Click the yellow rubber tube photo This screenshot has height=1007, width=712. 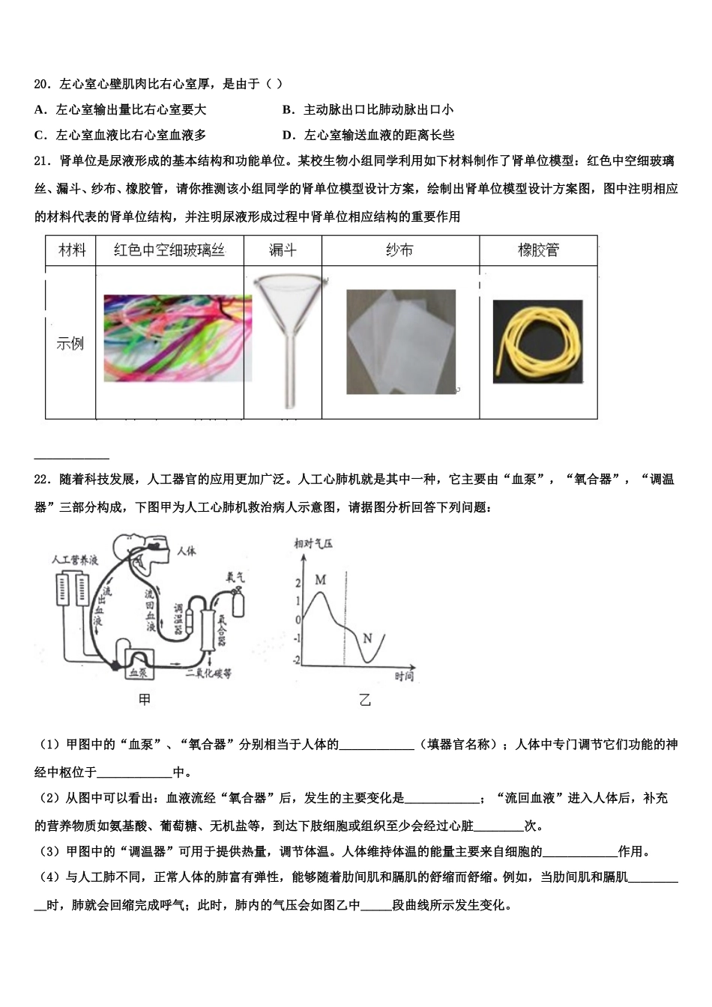point(537,341)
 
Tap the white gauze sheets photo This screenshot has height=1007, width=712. point(401,342)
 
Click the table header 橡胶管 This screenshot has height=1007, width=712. point(538,250)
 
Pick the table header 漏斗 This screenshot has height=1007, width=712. point(283,250)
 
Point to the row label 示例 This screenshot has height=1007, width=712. point(70,344)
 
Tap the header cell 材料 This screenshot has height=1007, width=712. point(72,250)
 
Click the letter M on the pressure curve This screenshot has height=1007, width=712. point(321,579)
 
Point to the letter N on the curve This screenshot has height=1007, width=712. point(367,638)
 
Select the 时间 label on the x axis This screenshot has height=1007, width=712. point(404,677)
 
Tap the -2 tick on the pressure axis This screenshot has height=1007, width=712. point(297,660)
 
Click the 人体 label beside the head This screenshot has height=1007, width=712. point(187,551)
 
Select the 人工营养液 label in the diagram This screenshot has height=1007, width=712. point(74,560)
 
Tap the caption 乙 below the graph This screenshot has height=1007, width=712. point(365,701)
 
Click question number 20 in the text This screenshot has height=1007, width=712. point(42,84)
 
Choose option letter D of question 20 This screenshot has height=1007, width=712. point(287,135)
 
